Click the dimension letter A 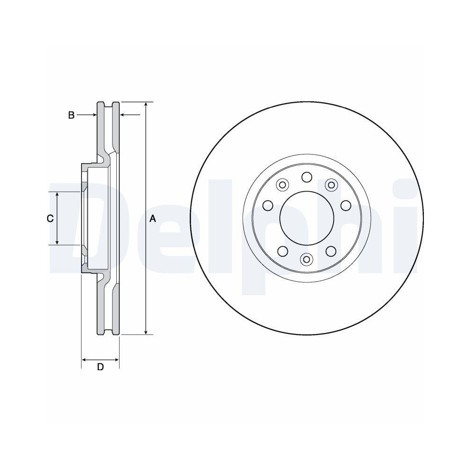click(x=152, y=218)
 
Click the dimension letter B click(x=71, y=115)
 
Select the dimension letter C click(x=50, y=218)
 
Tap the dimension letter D click(x=100, y=367)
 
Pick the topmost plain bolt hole click(x=307, y=177)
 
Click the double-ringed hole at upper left click(x=283, y=185)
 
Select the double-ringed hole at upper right click(x=331, y=185)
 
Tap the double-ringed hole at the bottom click(x=307, y=259)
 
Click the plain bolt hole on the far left click(x=268, y=205)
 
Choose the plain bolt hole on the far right click(x=346, y=205)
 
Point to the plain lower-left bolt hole click(x=283, y=251)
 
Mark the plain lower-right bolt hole click(x=331, y=251)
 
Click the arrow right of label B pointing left click(x=123, y=114)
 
